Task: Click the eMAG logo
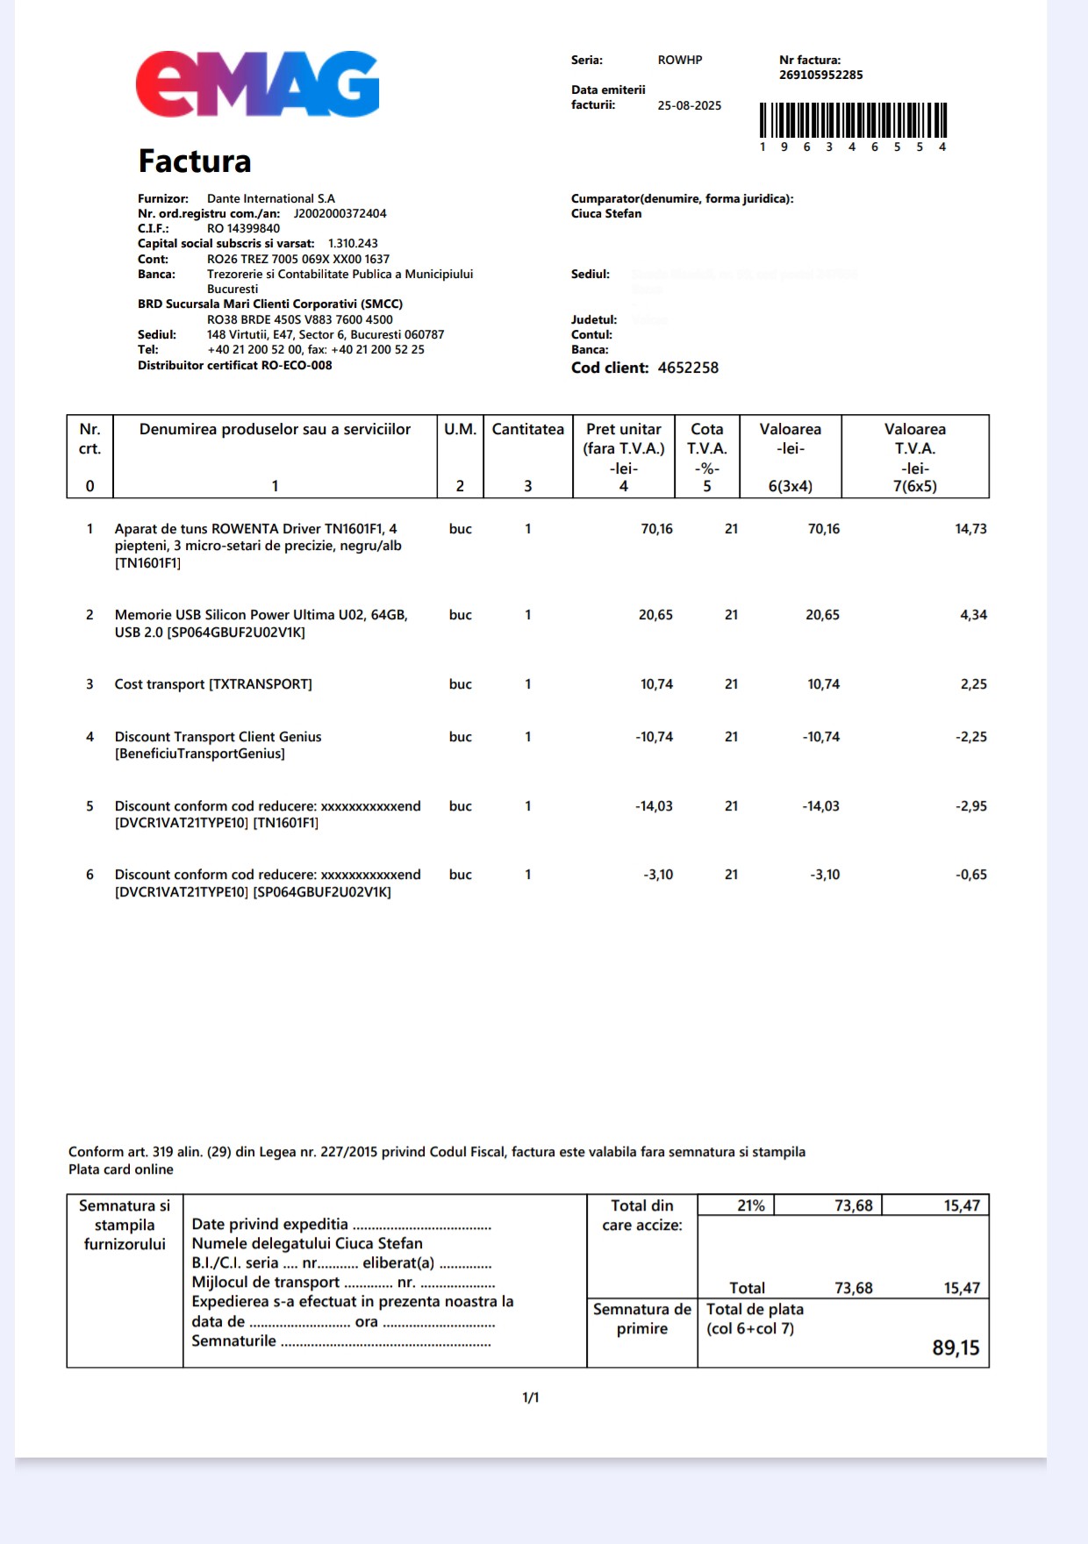tap(257, 84)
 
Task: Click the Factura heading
tap(195, 161)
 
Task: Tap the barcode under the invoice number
tap(853, 120)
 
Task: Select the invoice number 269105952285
tap(820, 75)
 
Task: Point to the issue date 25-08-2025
tap(689, 105)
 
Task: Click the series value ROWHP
tap(680, 61)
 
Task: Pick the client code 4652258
tap(688, 368)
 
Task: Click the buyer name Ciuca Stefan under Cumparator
tap(606, 213)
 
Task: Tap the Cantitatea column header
tap(527, 429)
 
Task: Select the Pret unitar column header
tap(623, 429)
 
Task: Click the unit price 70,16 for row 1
tap(656, 529)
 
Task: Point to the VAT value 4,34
tap(973, 615)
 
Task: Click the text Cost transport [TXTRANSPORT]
tap(213, 684)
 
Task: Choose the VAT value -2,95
tap(970, 806)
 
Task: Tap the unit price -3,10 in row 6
tap(658, 875)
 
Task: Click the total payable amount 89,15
tap(956, 1347)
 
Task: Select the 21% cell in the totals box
tap(750, 1205)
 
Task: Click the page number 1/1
tap(531, 1397)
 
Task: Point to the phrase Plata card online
tap(121, 1169)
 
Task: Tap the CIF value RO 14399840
tap(243, 228)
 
